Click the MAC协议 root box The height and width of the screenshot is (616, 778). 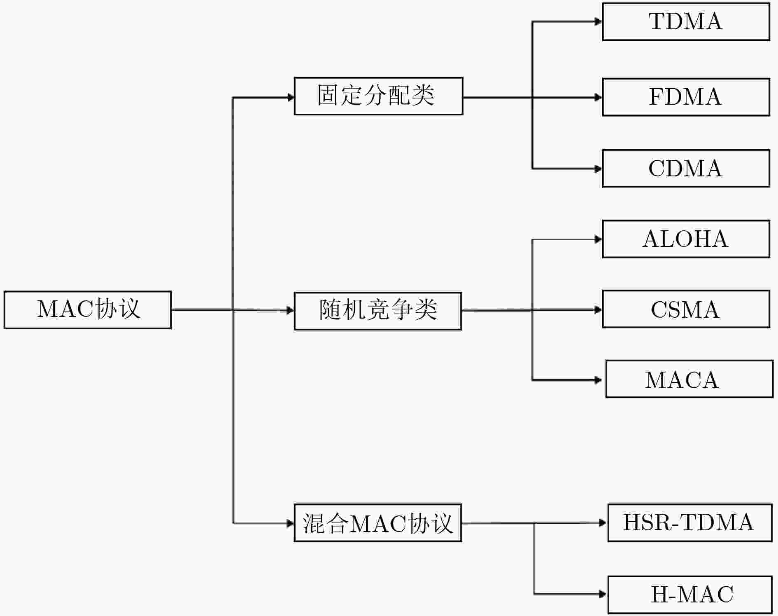click(88, 310)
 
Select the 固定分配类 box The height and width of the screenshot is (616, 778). click(378, 96)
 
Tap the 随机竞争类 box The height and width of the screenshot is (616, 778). click(378, 311)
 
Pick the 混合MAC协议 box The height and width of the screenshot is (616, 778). click(378, 522)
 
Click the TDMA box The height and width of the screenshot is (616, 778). click(686, 21)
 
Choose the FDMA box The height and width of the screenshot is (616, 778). click(686, 97)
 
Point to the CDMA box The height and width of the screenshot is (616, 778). click(686, 168)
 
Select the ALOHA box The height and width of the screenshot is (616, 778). click(686, 239)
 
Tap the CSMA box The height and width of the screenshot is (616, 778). click(686, 309)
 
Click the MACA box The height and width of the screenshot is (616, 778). click(689, 379)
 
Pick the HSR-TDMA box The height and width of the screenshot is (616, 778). click(690, 522)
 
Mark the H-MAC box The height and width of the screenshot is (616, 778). click(690, 595)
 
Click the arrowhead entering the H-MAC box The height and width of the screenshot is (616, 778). click(603, 594)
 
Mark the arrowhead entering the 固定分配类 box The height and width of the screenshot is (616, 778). click(291, 97)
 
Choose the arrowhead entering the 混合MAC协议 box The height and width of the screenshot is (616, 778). click(291, 523)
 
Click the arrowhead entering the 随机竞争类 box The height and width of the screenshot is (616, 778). click(291, 310)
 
